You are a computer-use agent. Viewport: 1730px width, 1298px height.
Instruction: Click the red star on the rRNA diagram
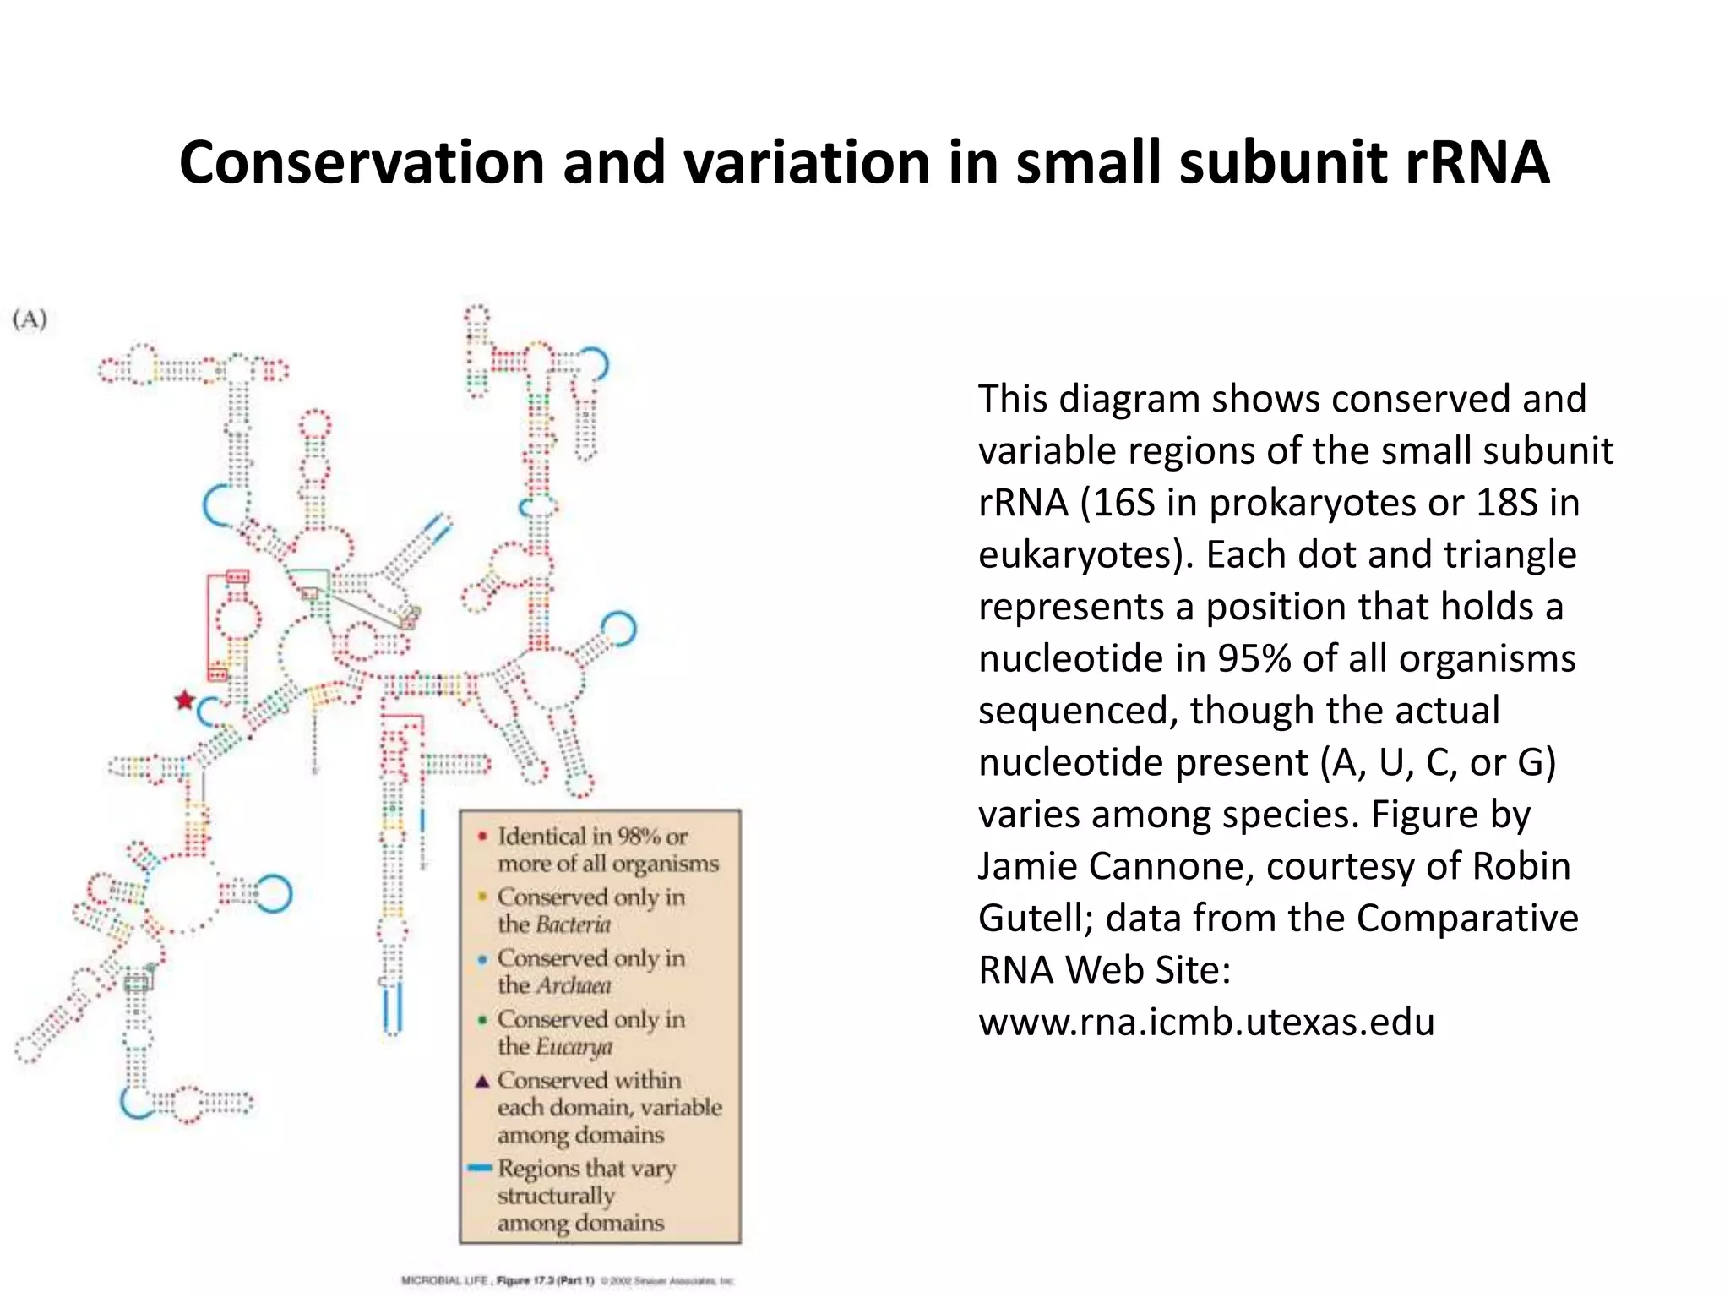pyautogui.click(x=184, y=701)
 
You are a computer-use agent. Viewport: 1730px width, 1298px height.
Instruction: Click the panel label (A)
pyautogui.click(x=30, y=319)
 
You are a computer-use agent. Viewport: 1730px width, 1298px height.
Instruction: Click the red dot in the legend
pyautogui.click(x=482, y=837)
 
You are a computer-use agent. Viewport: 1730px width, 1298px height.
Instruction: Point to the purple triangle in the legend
pyautogui.click(x=482, y=1081)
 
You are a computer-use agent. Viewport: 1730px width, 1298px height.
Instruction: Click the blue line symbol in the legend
pyautogui.click(x=480, y=1168)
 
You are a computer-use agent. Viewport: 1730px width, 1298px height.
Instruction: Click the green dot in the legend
pyautogui.click(x=482, y=1020)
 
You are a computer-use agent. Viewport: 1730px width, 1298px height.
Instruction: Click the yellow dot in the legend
pyautogui.click(x=482, y=897)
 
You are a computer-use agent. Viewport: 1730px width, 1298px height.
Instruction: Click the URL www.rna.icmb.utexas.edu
pyautogui.click(x=1206, y=1022)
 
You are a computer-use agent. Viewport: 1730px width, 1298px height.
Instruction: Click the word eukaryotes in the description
pyautogui.click(x=1083, y=555)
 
